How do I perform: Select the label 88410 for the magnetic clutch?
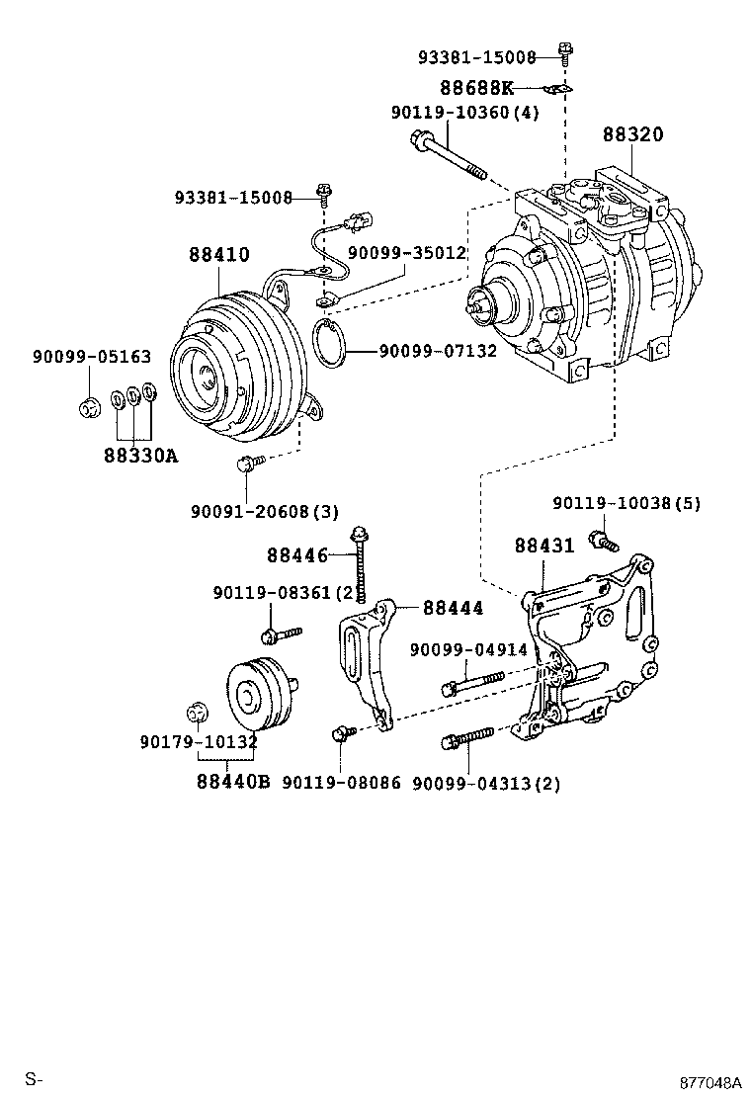coord(219,255)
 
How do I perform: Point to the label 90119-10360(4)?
coord(464,113)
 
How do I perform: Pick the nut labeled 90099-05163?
coord(87,405)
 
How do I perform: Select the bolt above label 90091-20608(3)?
coord(249,461)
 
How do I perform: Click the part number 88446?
coord(296,556)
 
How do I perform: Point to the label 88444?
coord(454,609)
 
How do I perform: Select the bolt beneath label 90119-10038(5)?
coord(602,540)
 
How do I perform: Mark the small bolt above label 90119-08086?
coord(343,732)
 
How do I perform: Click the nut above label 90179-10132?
coord(197,711)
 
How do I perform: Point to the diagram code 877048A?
coord(709,1082)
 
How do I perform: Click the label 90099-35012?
coord(406,253)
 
